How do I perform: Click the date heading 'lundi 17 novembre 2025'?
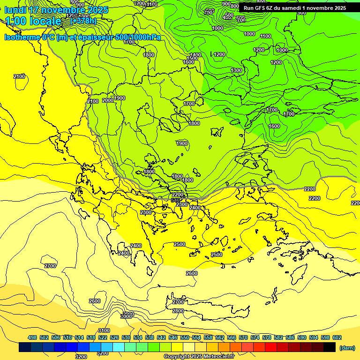pyautogui.click(x=56, y=10)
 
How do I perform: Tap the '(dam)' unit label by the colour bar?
pyautogui.click(x=347, y=347)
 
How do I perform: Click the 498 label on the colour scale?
pyautogui.click(x=32, y=337)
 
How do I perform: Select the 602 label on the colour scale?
pyautogui.click(x=337, y=337)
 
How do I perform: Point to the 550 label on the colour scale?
pyautogui.click(x=185, y=337)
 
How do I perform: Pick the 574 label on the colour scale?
pyautogui.click(x=255, y=337)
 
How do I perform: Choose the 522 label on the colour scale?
pyautogui.click(x=103, y=337)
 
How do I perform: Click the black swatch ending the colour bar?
pyautogui.click(x=330, y=347)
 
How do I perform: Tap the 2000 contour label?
pyautogui.click(x=108, y=100)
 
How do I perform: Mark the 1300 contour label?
pyautogui.click(x=236, y=70)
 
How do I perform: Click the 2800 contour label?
pyautogui.click(x=178, y=311)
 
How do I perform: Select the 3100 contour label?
pyautogui.click(x=104, y=330)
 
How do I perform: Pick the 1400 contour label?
pyautogui.click(x=195, y=55)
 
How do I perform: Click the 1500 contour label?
pyautogui.click(x=192, y=58)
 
